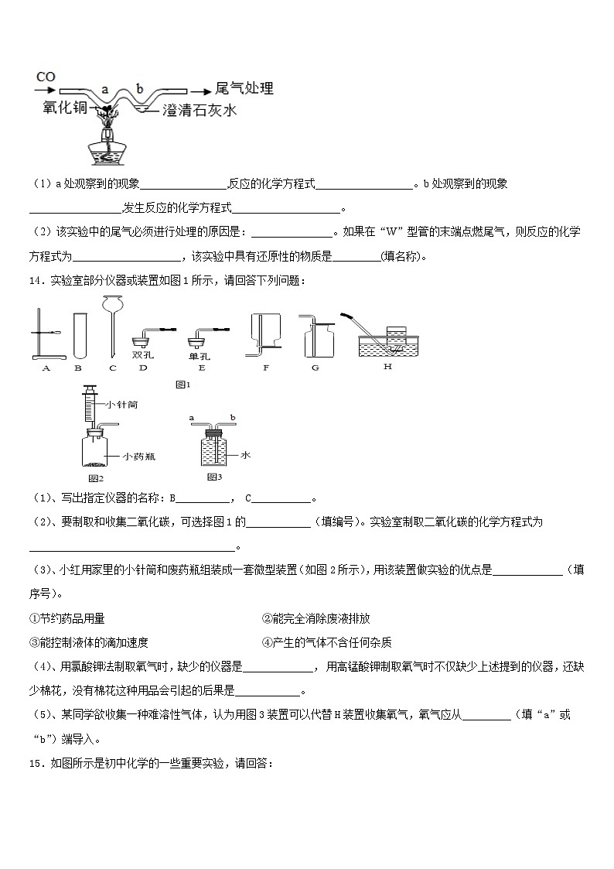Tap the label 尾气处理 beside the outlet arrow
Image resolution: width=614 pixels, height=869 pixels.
[x=244, y=88]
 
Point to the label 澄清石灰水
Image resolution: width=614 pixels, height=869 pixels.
[x=200, y=111]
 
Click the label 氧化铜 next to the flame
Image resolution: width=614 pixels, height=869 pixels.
[x=65, y=109]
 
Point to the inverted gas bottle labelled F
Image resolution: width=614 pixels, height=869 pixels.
[x=264, y=334]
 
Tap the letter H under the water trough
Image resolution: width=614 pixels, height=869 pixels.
[x=387, y=366]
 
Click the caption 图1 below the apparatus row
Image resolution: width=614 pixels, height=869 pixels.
[x=183, y=384]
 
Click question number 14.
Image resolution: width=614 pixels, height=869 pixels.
[x=37, y=281]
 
